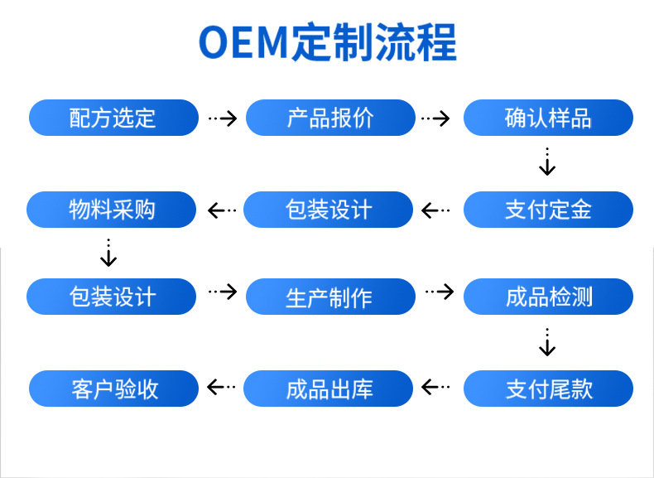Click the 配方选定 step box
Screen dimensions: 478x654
[113, 118]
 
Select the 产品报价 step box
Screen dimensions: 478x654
[330, 118]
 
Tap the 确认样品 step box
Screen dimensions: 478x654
[548, 118]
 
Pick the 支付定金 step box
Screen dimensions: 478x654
[548, 210]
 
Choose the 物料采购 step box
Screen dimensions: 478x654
[112, 210]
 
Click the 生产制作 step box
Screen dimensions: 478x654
[330, 297]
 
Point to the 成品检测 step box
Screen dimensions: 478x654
[548, 297]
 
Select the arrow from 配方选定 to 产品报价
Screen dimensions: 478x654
[222, 118]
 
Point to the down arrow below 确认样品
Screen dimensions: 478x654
[547, 162]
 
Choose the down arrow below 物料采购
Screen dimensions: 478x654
[108, 253]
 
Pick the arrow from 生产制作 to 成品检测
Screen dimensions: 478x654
[440, 292]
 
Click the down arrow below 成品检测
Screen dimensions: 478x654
[547, 342]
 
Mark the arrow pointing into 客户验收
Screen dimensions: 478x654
[221, 386]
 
